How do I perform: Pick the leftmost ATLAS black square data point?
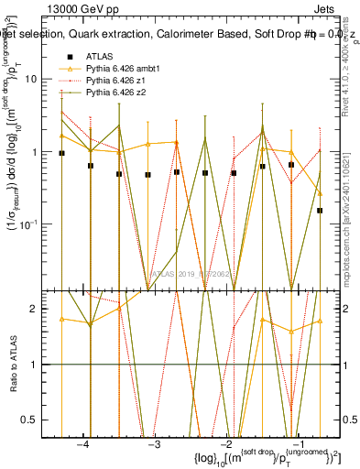tap(61, 154)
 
